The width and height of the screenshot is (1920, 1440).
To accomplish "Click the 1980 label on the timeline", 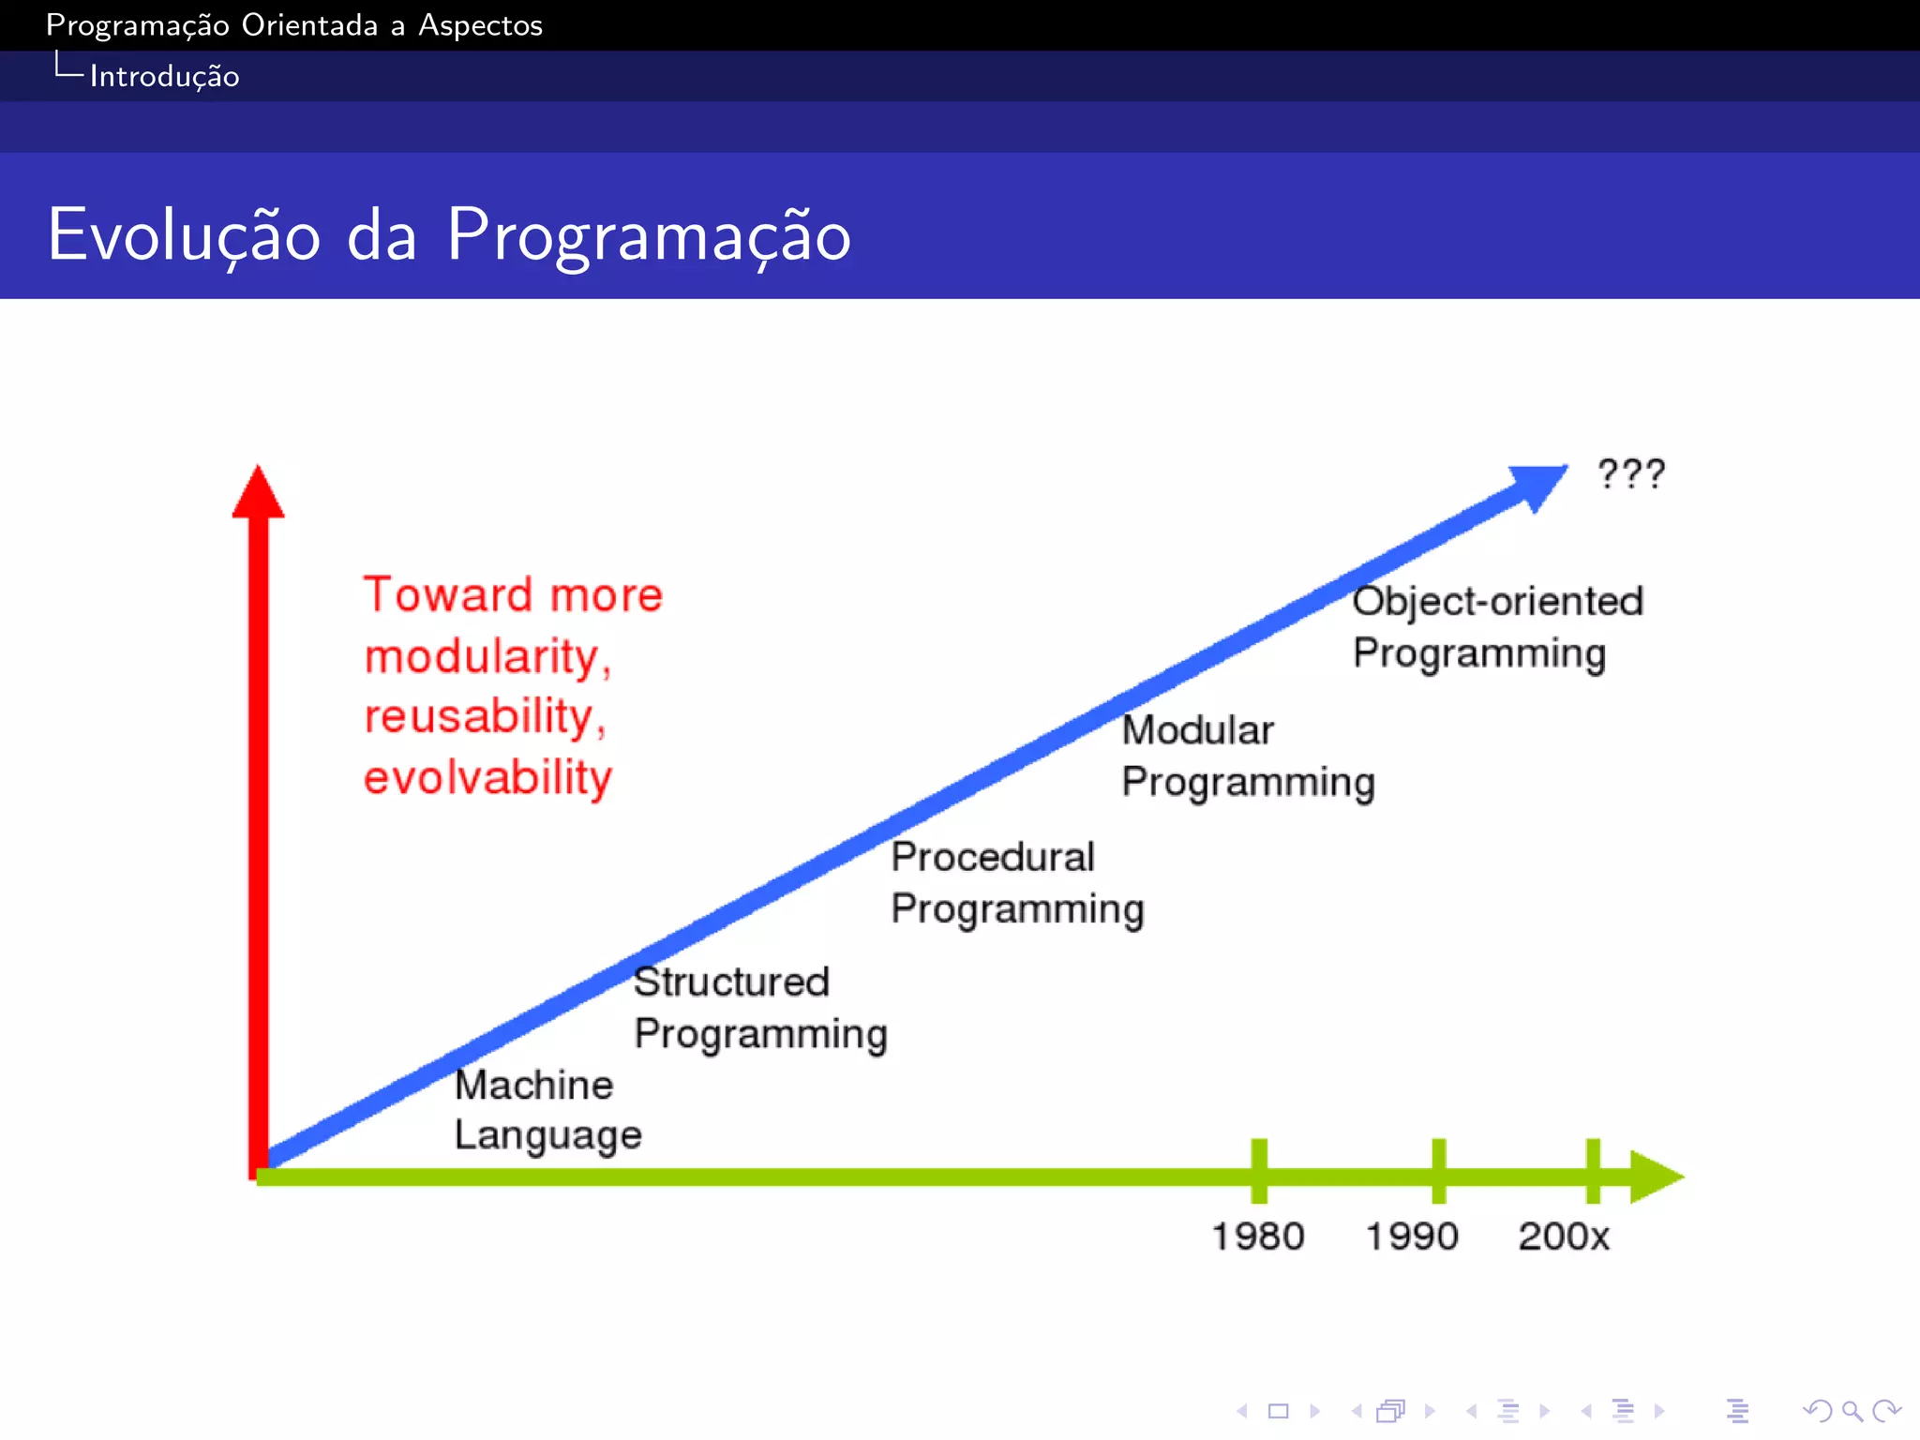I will click(1257, 1237).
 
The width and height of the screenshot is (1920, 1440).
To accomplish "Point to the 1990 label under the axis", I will click(1411, 1237).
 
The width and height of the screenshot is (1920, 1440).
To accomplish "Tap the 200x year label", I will click(1563, 1237).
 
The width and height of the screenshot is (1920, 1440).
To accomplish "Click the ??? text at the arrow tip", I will click(1631, 474).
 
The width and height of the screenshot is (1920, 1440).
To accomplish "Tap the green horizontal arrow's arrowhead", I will click(1655, 1176).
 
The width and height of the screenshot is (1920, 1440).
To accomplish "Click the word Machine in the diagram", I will click(533, 1085).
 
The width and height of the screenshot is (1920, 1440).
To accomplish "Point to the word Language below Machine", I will click(547, 1135).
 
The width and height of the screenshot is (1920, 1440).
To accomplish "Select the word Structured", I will click(731, 982).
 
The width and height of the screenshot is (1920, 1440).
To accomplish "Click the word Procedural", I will click(992, 857).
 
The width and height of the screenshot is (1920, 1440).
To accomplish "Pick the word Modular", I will click(1197, 730).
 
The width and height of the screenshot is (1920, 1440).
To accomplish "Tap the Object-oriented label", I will click(1497, 602).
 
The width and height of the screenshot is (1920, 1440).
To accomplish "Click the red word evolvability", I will click(487, 778).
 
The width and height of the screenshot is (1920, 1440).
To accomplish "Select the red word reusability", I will click(484, 717).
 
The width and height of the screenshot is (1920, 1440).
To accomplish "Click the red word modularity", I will click(486, 656).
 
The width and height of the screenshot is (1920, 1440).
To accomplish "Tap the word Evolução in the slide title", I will click(185, 235).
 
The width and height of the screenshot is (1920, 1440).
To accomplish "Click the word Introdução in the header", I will click(164, 76).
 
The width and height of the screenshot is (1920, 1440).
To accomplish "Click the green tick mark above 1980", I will click(1259, 1170).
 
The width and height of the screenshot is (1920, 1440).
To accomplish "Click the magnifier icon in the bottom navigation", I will click(1852, 1411).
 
